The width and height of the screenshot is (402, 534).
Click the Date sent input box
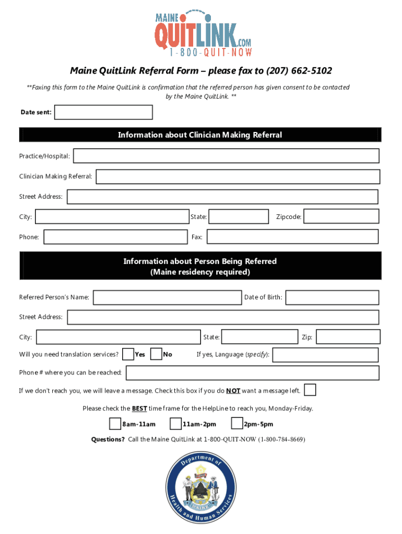(103, 112)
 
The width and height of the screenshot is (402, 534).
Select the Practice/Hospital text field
(226, 156)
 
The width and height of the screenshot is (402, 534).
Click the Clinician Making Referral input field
(238, 177)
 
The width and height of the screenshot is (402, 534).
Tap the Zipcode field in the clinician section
(341, 216)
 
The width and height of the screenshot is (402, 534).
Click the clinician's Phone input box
(115, 237)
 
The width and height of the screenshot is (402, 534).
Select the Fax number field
(292, 237)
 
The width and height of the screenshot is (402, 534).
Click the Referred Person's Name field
(167, 297)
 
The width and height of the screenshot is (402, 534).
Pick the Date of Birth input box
(332, 297)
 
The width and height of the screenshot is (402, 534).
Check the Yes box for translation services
(127, 354)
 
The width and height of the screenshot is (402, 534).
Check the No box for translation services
(156, 354)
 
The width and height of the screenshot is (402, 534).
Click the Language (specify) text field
(325, 355)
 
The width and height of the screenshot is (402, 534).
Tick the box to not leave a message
(310, 390)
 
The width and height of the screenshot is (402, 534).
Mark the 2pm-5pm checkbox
(237, 423)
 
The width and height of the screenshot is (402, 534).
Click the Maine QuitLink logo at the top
(203, 32)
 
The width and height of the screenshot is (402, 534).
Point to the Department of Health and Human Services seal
(199, 488)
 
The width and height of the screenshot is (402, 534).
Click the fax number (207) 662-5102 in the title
(299, 70)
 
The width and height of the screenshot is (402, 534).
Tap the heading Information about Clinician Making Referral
(200, 135)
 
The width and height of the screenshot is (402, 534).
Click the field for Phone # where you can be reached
(252, 372)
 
